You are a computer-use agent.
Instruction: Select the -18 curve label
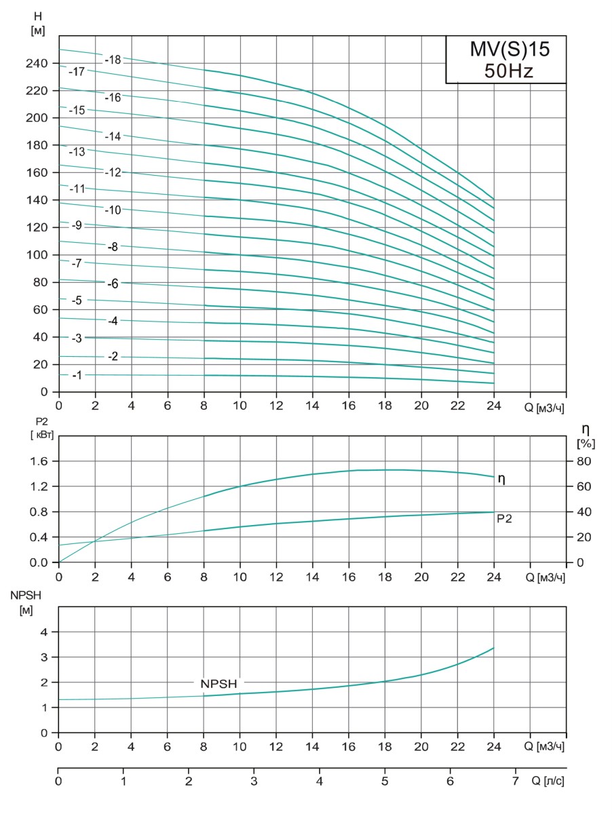tap(113, 60)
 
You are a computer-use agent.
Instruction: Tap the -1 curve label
tap(77, 375)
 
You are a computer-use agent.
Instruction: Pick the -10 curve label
tap(113, 210)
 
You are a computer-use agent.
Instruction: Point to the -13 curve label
tap(77, 151)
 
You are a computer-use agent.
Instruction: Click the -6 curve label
tap(113, 284)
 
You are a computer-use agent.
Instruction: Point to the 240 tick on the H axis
tap(37, 63)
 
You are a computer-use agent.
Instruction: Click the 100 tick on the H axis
tap(37, 255)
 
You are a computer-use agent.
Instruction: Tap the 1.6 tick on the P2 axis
tap(40, 461)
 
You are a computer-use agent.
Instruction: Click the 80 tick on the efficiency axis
tap(584, 461)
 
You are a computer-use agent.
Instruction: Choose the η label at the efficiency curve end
tap(501, 478)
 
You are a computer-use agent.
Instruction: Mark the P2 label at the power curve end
tap(504, 518)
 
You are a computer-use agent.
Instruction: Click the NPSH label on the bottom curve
tap(218, 684)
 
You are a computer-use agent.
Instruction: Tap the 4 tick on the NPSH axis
tap(45, 632)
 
